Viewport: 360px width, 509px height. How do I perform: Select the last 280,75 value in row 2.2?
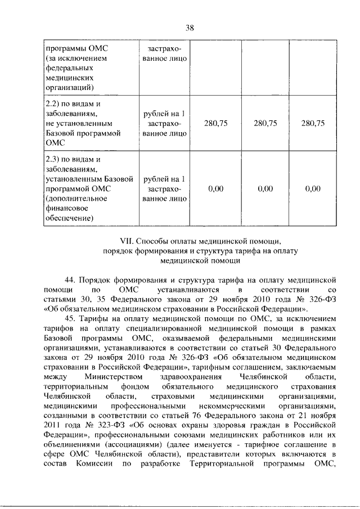pyautogui.click(x=313, y=124)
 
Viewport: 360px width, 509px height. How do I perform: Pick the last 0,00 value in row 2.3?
pyautogui.click(x=313, y=188)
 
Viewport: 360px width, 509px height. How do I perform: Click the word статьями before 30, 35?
pyautogui.click(x=59, y=299)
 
